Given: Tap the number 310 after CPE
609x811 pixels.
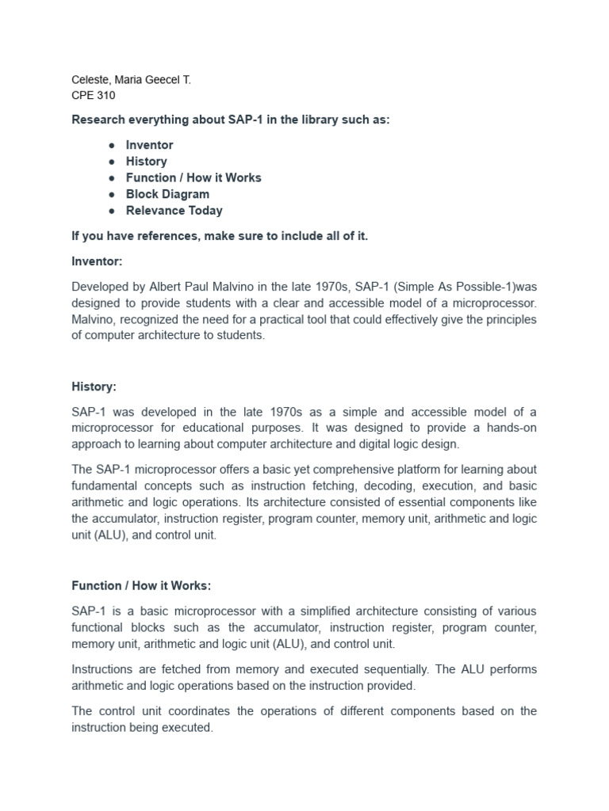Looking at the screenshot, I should click(105, 96).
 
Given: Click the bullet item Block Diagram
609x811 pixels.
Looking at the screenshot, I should click(167, 194).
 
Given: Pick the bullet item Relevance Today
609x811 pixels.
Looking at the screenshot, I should click(174, 211).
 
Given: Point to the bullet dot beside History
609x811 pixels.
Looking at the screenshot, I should click(113, 162).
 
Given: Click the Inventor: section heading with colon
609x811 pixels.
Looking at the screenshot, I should click(97, 261).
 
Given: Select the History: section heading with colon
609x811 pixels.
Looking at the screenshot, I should click(94, 386).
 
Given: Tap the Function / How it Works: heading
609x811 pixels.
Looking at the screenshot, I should click(141, 586).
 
